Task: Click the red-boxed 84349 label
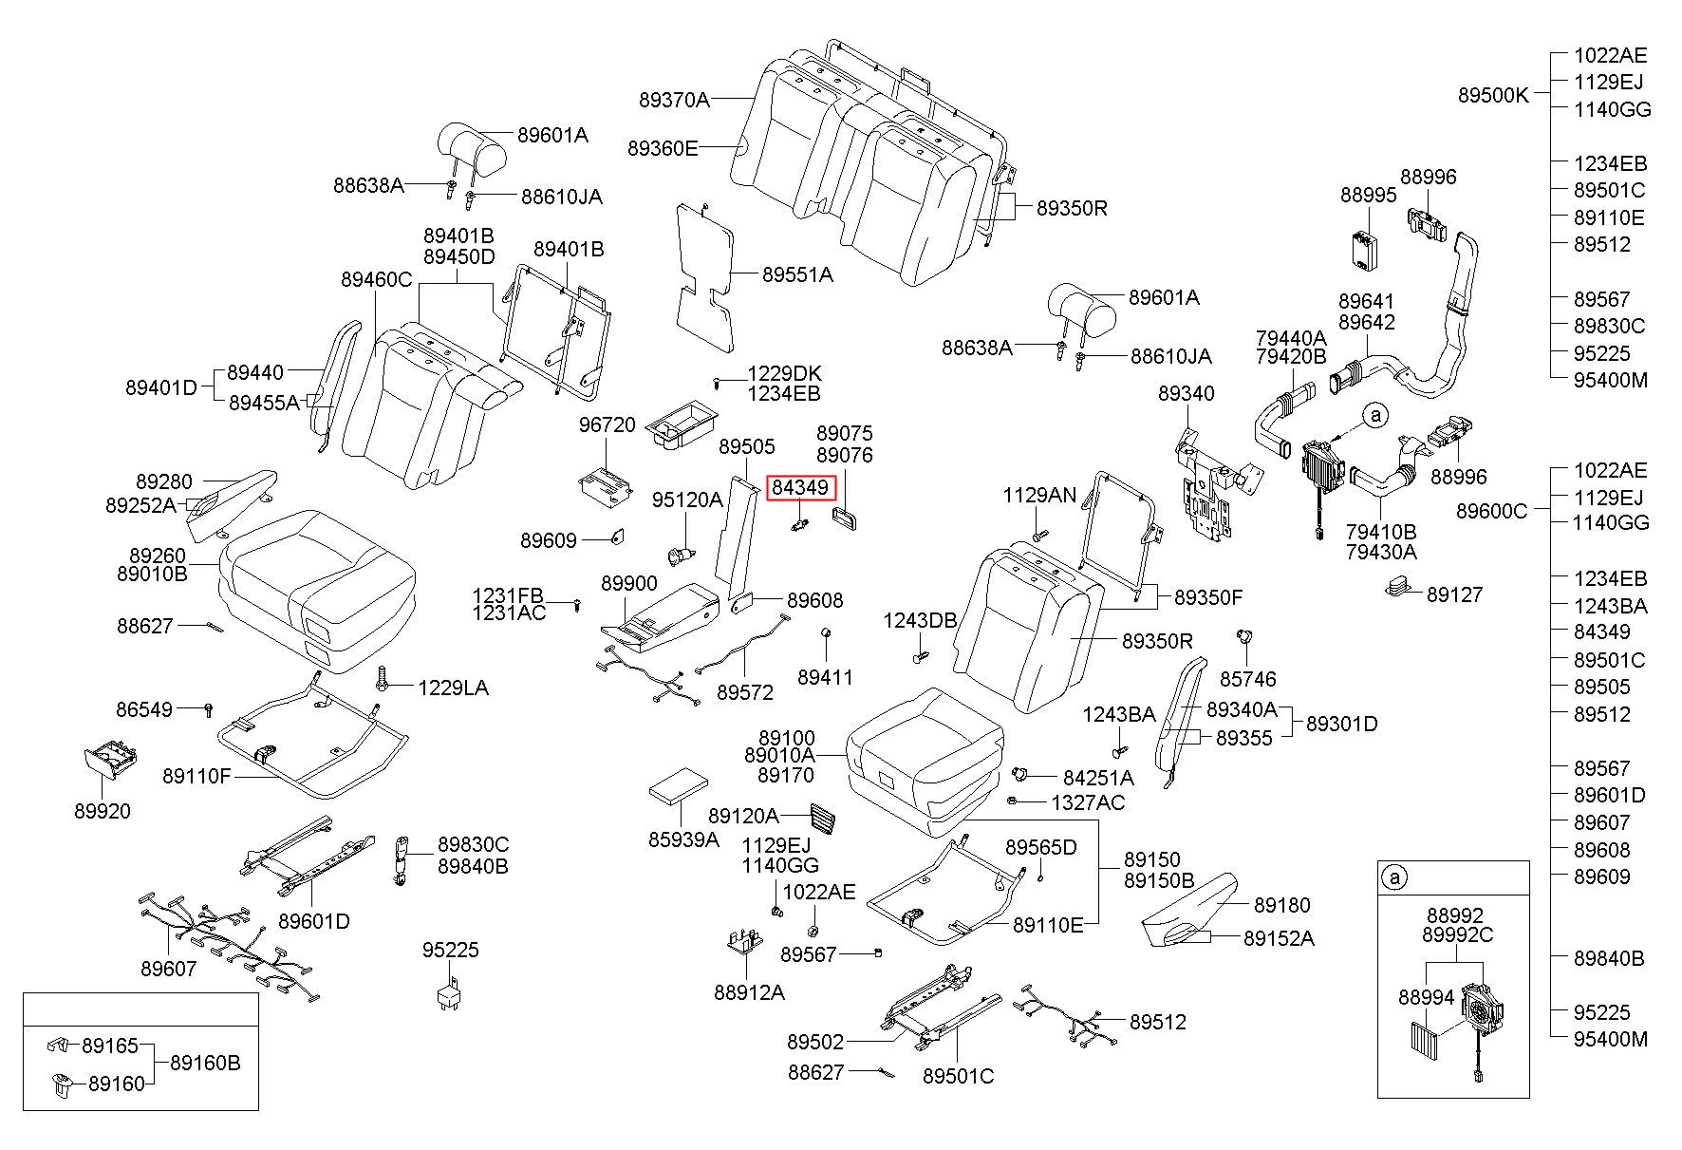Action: [800, 488]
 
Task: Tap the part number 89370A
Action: [674, 99]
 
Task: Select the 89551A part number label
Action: [797, 275]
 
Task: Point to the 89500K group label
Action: [1493, 95]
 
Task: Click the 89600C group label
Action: [1492, 511]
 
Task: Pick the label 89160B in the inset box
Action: [205, 1063]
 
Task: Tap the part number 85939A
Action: [683, 839]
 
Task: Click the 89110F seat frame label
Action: [196, 776]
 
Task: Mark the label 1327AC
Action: [1088, 803]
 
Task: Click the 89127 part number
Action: [1454, 594]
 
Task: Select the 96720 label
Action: [607, 424]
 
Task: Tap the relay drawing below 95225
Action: [449, 989]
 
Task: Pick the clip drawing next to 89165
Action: [57, 1046]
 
